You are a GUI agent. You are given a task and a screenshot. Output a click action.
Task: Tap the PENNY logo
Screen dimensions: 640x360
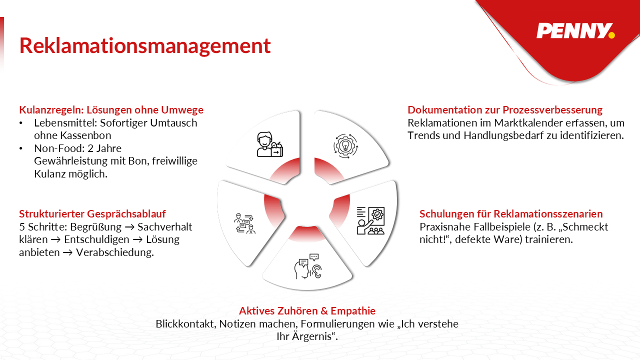575,31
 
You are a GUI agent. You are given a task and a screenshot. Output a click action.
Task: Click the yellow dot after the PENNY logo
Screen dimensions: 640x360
611,35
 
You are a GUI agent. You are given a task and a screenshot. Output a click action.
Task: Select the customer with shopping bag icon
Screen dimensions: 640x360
269,144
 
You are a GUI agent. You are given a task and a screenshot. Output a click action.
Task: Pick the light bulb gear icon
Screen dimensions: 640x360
345,146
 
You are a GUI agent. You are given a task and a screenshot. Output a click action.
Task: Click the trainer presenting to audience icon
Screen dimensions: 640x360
370,220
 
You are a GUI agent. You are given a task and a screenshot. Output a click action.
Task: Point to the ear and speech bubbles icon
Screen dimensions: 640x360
308,266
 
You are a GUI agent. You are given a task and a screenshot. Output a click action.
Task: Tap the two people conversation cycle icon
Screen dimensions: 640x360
245,223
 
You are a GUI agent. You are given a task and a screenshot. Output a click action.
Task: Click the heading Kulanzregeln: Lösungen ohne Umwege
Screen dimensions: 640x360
111,110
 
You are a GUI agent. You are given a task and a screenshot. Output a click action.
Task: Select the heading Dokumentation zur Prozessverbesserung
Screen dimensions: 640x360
505,110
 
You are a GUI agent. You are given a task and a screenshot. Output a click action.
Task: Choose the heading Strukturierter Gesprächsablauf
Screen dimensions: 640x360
92,213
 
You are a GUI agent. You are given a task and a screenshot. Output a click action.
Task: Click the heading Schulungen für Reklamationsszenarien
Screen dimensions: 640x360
511,213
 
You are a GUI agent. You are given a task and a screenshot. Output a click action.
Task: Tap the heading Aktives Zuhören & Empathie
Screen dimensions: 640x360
307,311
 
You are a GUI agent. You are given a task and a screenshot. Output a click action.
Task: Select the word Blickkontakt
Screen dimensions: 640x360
185,324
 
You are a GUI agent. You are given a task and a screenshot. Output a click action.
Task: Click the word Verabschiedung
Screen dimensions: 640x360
114,252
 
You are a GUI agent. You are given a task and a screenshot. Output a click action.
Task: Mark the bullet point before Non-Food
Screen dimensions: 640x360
21,148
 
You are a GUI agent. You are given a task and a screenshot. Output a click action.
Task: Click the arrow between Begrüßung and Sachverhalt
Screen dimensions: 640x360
129,227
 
